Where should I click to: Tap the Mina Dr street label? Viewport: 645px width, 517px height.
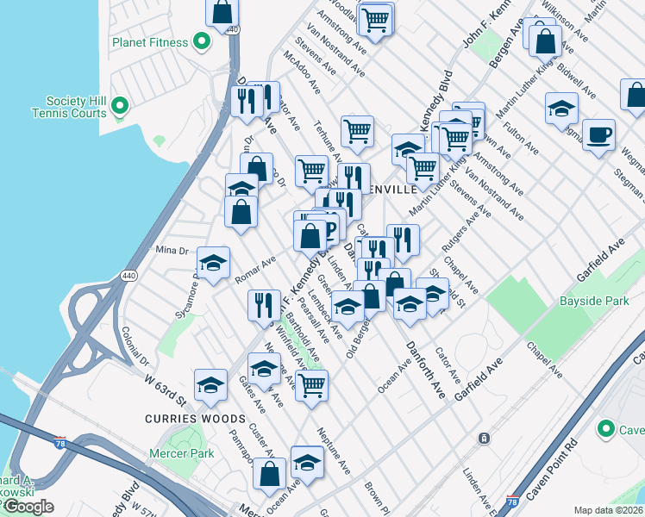click(171, 251)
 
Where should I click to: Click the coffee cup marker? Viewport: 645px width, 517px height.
click(598, 135)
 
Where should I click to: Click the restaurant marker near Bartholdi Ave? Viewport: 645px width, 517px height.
click(264, 305)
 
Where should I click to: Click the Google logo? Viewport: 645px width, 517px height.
click(28, 507)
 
